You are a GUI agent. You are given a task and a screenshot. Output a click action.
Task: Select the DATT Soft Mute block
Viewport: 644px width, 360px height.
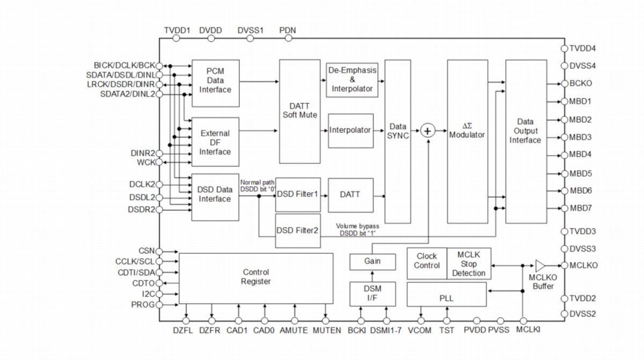point(299,111)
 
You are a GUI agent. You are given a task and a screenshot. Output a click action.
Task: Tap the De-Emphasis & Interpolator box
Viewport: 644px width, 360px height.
point(352,79)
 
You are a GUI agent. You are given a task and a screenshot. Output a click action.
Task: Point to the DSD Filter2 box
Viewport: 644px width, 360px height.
point(298,231)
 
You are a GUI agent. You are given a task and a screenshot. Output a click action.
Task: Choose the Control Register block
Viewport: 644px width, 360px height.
point(256,277)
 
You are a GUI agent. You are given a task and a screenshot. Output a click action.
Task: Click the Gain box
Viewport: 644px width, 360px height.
point(372,262)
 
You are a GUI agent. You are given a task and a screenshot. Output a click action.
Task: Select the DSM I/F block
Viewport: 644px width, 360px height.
point(372,293)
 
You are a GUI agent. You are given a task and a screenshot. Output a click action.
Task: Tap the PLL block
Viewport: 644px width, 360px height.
point(446,297)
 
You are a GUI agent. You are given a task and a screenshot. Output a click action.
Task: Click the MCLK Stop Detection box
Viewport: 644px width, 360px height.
point(469,264)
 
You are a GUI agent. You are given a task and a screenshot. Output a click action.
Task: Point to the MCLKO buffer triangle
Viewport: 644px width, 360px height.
point(540,265)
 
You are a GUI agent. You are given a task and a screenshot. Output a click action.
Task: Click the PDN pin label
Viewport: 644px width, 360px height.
point(288,31)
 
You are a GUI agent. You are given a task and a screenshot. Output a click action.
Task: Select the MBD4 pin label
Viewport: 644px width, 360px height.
point(580,155)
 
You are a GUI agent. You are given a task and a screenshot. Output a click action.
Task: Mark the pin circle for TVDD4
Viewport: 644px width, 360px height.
point(563,48)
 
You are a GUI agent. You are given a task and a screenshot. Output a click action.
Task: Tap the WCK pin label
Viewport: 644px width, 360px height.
point(146,161)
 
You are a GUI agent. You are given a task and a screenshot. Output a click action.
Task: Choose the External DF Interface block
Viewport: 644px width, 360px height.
point(215,142)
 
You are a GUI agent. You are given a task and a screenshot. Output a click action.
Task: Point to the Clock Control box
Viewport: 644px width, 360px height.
point(427,261)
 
